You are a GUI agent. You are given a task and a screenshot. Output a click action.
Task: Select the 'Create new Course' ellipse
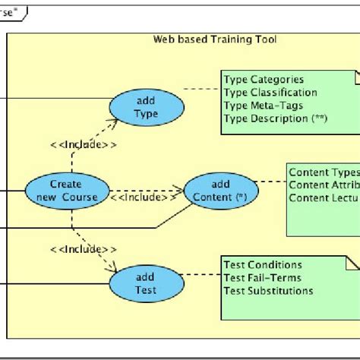(66, 191)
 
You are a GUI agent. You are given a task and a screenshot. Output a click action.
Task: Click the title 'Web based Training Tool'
(215, 39)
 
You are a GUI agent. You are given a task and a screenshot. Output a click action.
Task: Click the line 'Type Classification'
(270, 93)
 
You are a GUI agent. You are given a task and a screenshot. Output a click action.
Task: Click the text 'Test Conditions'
(263, 264)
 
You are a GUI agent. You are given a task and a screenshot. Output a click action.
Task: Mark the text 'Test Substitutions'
(268, 290)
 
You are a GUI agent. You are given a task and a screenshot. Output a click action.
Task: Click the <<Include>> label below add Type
(84, 143)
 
